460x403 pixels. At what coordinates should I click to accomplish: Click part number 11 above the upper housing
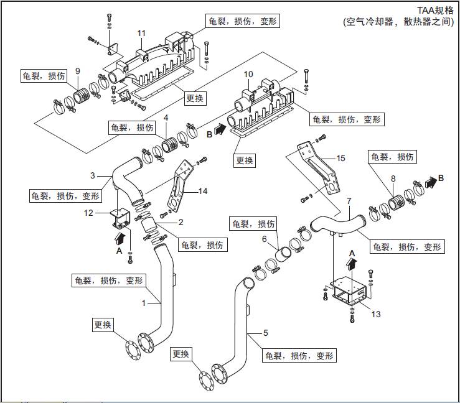point(141,33)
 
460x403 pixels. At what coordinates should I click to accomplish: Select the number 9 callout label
point(78,70)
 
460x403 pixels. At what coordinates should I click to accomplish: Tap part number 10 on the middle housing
point(248,75)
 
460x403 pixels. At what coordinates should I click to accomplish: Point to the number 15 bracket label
point(340,159)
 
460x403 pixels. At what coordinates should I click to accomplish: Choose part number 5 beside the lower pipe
point(266,333)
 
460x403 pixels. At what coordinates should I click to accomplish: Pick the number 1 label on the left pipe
point(143,303)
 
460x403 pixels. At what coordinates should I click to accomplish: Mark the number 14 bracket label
point(202,192)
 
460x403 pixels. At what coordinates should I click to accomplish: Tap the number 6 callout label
point(264,239)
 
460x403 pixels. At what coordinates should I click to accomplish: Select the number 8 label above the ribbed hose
point(393,179)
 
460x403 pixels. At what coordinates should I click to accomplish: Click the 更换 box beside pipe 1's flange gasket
point(103,325)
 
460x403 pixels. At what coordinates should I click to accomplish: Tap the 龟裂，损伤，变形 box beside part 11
point(240,21)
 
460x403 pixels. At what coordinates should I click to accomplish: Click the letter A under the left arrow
point(119,251)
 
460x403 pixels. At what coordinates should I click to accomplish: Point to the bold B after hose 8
point(441,178)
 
